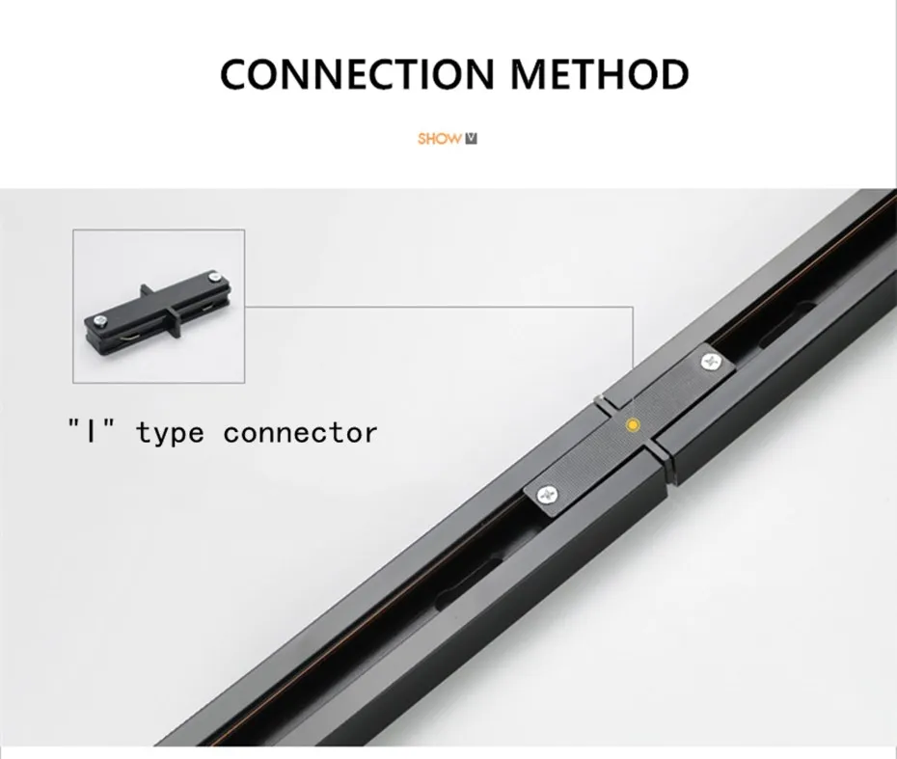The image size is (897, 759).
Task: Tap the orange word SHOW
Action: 439,138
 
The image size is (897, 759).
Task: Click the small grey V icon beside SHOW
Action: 471,138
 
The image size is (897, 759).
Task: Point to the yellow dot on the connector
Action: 632,423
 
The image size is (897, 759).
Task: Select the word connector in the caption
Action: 300,433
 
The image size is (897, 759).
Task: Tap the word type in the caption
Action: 170,433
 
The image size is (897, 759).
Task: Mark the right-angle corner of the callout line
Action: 634,307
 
